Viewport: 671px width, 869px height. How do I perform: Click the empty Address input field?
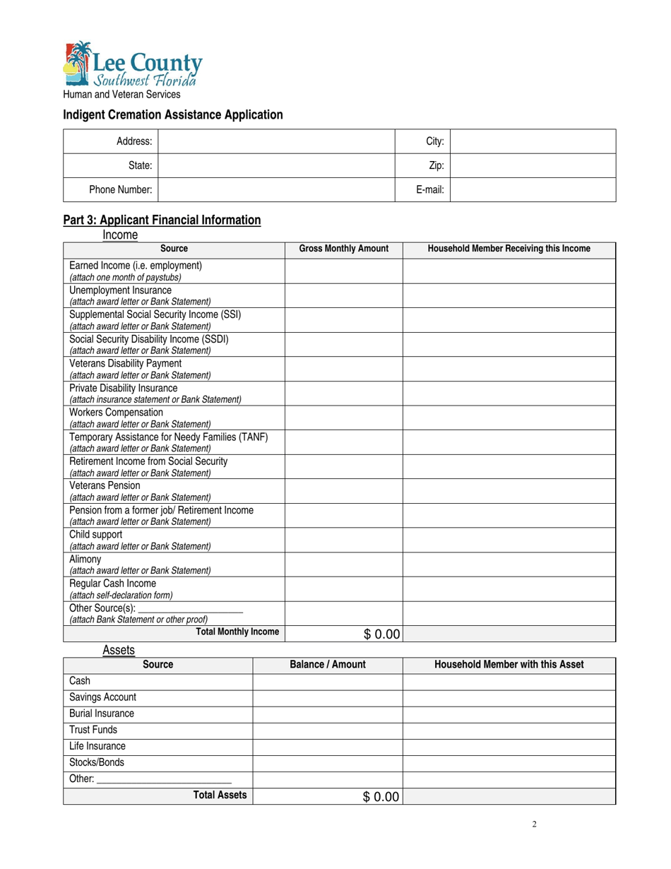[276, 141]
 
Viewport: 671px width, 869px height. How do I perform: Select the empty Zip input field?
[533, 166]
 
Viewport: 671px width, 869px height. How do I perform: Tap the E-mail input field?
[533, 189]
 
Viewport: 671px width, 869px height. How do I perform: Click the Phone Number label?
[120, 189]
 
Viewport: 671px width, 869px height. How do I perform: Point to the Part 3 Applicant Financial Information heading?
[162, 220]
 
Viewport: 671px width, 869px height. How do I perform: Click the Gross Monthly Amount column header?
[344, 249]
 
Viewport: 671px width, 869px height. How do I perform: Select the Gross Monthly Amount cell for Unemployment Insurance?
[344, 295]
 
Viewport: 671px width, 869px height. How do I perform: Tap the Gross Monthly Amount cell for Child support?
[344, 540]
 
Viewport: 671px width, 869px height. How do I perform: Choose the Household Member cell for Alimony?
[509, 564]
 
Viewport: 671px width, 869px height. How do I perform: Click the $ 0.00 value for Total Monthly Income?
[381, 634]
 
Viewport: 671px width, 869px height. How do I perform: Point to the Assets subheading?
[118, 649]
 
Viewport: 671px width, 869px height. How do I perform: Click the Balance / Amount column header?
[328, 665]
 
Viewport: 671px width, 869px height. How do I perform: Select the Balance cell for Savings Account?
[328, 698]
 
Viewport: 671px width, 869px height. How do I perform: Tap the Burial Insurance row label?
[102, 714]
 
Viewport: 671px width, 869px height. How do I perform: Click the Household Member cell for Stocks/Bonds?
[509, 763]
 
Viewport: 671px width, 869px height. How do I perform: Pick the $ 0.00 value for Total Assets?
[381, 797]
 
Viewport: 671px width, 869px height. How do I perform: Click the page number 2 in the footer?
[535, 824]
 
